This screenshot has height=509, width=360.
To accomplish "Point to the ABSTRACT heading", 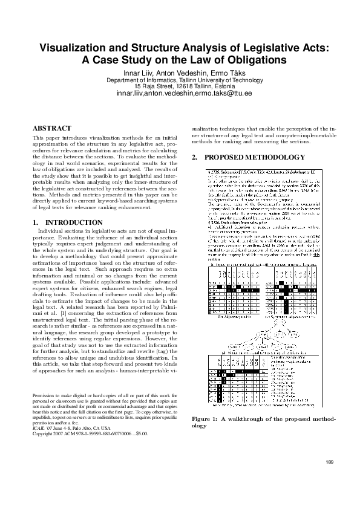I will coord(51,128).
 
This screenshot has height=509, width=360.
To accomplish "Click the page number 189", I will coord(329,462).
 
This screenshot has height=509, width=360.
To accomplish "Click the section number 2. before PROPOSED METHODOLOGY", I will coord(194,158).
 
